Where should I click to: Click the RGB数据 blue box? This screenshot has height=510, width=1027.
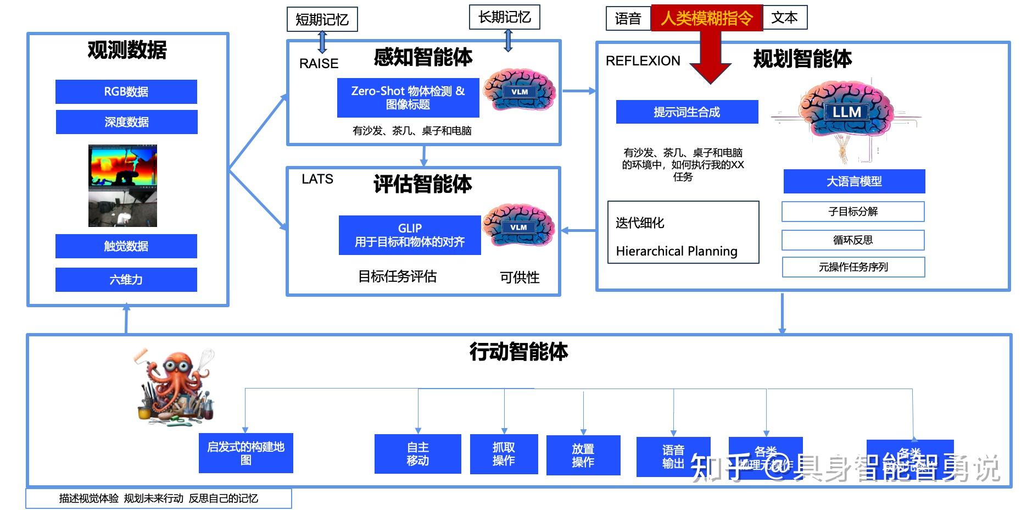[x=126, y=92]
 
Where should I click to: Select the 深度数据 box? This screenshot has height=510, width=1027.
[x=126, y=122]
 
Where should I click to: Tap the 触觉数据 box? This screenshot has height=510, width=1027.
[x=126, y=246]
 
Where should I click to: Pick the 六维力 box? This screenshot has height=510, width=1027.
[x=126, y=280]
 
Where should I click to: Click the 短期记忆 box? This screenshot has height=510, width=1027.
[x=322, y=20]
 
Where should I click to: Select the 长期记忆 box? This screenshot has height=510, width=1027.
[x=504, y=17]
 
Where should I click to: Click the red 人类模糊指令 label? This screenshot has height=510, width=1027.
[x=706, y=18]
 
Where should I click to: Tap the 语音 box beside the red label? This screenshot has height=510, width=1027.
[x=628, y=19]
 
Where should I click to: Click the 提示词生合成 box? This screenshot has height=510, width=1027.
[x=686, y=112]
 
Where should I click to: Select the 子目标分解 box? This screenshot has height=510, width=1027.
[x=852, y=212]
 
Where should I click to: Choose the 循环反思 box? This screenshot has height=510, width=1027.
[x=852, y=240]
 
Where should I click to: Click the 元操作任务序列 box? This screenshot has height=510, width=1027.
[x=853, y=267]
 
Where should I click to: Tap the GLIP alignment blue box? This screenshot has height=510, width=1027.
[x=410, y=235]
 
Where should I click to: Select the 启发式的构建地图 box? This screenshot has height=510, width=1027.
[x=245, y=453]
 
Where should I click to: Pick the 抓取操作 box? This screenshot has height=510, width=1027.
[x=504, y=454]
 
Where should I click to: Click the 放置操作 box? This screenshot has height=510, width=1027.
[x=583, y=456]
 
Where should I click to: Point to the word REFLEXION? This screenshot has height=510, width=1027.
[x=643, y=61]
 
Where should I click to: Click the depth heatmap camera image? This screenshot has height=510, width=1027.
[x=122, y=165]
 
